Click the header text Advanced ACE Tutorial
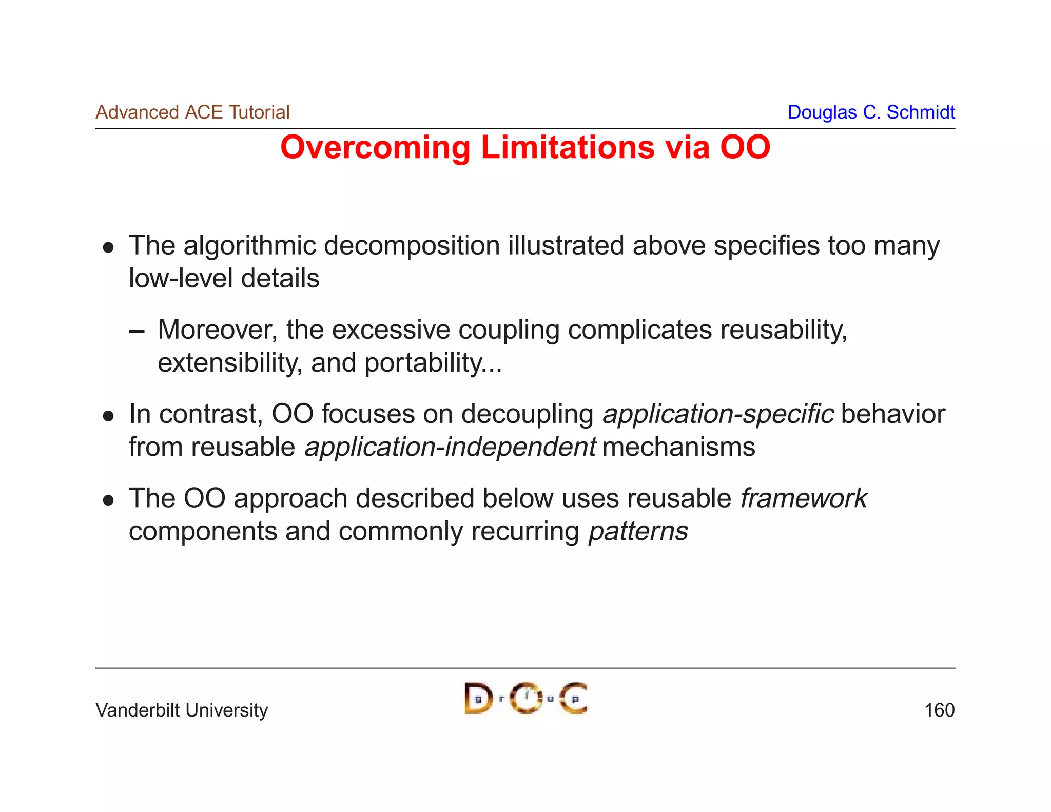(192, 112)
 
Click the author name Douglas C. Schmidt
(871, 112)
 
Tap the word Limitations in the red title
(567, 148)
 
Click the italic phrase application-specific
(718, 414)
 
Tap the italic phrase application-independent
(450, 447)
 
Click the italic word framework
(803, 498)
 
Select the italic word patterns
(638, 531)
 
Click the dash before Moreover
(137, 332)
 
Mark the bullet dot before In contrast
(108, 416)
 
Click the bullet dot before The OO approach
(108, 500)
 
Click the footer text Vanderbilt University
(182, 710)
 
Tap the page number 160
(939, 710)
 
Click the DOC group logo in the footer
(525, 698)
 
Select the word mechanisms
(678, 447)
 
